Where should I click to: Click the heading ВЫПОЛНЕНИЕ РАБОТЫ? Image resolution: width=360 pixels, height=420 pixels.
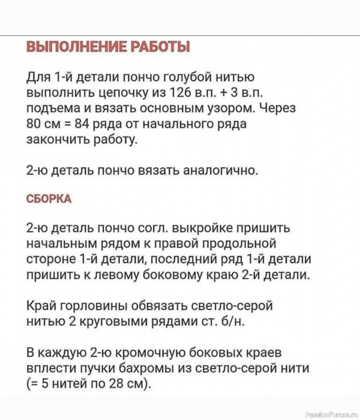click(108, 47)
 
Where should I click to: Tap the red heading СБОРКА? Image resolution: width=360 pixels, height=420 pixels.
click(48, 199)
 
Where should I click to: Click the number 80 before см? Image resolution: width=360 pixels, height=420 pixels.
click(34, 125)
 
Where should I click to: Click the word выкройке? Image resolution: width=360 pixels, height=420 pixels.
click(213, 229)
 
